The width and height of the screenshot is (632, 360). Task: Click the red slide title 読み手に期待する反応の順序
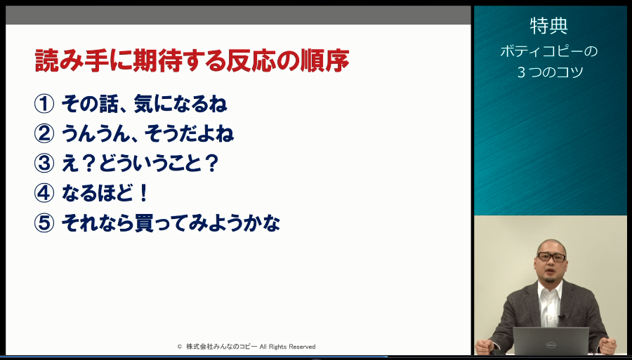pyautogui.click(x=192, y=61)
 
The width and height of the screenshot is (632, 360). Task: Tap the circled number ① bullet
pyautogui.click(x=44, y=104)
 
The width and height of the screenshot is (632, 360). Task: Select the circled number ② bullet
pyautogui.click(x=44, y=134)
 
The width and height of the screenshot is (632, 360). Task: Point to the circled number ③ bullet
pyautogui.click(x=44, y=164)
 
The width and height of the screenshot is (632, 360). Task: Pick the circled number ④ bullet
pyautogui.click(x=44, y=193)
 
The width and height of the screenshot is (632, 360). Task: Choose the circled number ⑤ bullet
pyautogui.click(x=44, y=223)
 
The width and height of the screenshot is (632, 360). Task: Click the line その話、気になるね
pyautogui.click(x=144, y=104)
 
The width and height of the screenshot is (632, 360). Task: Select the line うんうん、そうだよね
pyautogui.click(x=147, y=134)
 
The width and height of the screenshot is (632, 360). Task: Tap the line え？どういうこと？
pyautogui.click(x=140, y=164)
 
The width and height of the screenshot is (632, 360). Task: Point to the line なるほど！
pyautogui.click(x=105, y=193)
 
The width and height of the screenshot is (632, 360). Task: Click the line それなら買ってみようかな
pyautogui.click(x=171, y=223)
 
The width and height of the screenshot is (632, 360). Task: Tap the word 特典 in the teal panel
pyautogui.click(x=549, y=26)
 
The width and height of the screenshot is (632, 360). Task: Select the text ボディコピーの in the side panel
pyautogui.click(x=549, y=51)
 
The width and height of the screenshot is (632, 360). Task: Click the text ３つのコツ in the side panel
pyautogui.click(x=551, y=72)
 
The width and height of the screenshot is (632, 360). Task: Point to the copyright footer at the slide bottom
pyautogui.click(x=246, y=346)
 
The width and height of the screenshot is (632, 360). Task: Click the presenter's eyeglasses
pyautogui.click(x=552, y=257)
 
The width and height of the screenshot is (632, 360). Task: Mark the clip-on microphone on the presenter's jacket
pyautogui.click(x=560, y=317)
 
